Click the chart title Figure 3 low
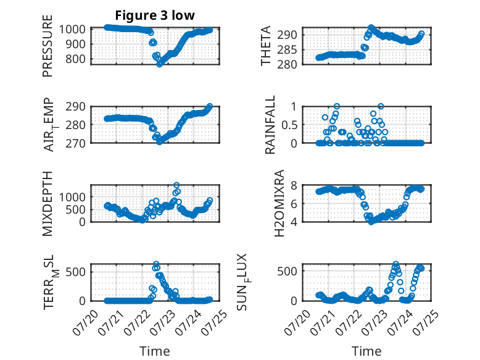(x=155, y=15)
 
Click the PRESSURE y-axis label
(x=48, y=46)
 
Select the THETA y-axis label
(x=266, y=46)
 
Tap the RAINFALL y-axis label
(x=270, y=125)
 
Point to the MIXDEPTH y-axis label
(x=48, y=204)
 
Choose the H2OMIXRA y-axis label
(x=279, y=203)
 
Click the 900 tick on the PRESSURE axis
(x=75, y=44)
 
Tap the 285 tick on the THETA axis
(x=287, y=49)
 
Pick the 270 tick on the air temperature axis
(x=75, y=143)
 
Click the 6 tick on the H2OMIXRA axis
(x=294, y=204)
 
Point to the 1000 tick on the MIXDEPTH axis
(x=72, y=198)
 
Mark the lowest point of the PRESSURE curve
(x=160, y=64)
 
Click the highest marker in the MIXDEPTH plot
(x=176, y=185)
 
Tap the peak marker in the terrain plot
(x=156, y=264)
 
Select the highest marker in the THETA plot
(x=371, y=28)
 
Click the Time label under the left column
(x=155, y=351)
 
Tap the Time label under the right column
(x=366, y=351)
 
